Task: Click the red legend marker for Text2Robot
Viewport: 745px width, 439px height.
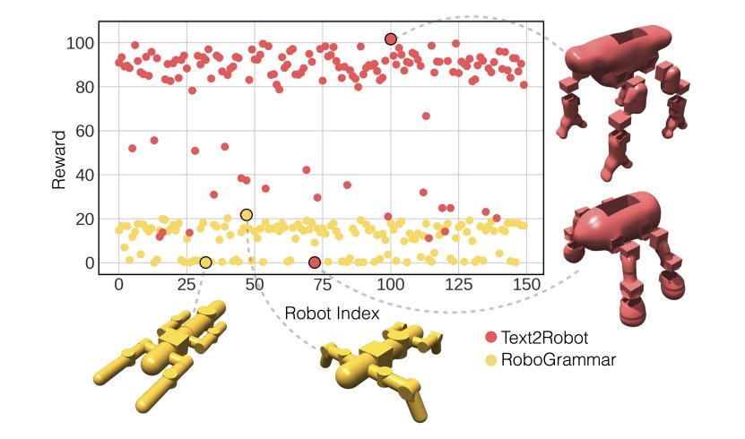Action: coord(490,338)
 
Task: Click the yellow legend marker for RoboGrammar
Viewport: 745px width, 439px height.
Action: coord(490,360)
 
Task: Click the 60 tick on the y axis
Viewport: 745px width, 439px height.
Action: coord(82,131)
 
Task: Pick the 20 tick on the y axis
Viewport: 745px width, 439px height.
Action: coord(82,219)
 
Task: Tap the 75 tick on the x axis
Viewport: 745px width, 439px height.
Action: coord(322,286)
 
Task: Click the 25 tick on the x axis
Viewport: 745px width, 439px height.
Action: coord(186,286)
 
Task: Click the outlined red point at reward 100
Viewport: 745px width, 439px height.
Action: coord(391,39)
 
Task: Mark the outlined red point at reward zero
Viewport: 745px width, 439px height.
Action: coord(315,263)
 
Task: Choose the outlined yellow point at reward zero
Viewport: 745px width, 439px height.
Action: coord(205,263)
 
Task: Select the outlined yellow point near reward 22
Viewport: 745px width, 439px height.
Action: coord(247,215)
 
